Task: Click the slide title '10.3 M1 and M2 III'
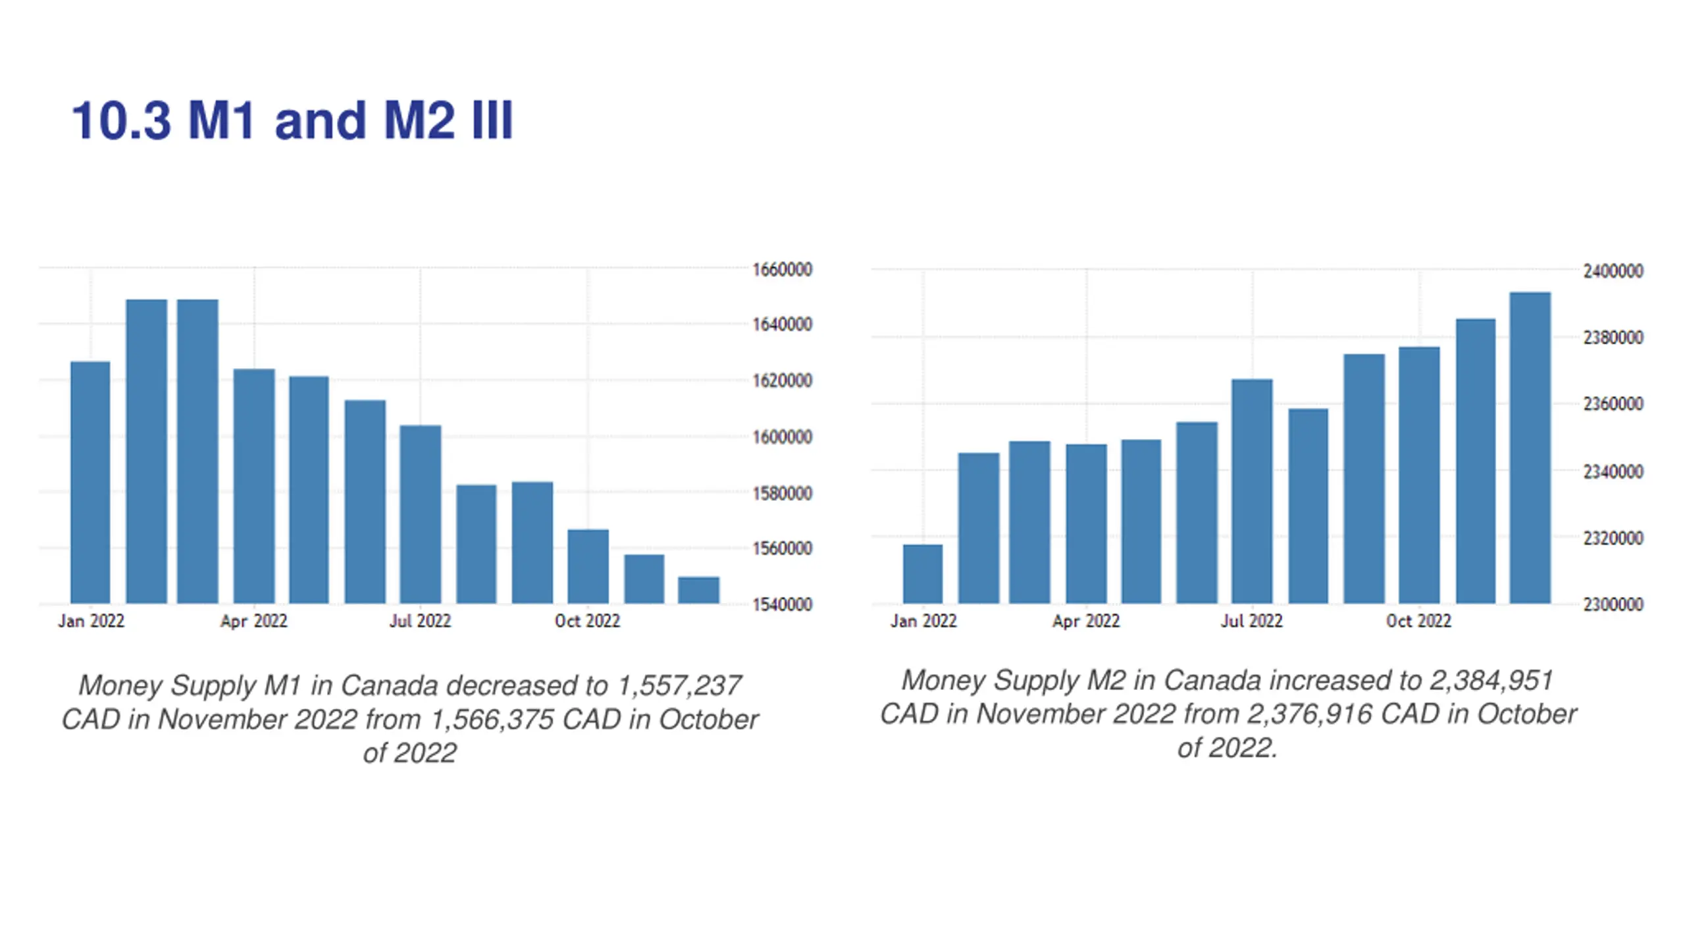coord(292,120)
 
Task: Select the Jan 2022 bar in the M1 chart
coord(90,482)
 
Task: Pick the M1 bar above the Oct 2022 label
coord(588,566)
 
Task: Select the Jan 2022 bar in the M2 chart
coord(922,573)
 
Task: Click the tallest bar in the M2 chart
coord(1530,448)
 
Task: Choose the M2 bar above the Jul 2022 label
coord(1252,491)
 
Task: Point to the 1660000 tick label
coord(782,269)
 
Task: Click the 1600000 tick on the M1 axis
coord(782,437)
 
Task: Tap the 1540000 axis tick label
coord(782,604)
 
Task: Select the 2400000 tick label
coord(1613,271)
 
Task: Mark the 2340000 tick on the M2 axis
coord(1613,471)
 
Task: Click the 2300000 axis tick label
coord(1613,604)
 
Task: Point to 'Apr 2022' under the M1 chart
coord(253,621)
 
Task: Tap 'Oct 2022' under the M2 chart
coord(1418,621)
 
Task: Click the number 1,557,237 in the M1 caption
coord(679,686)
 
